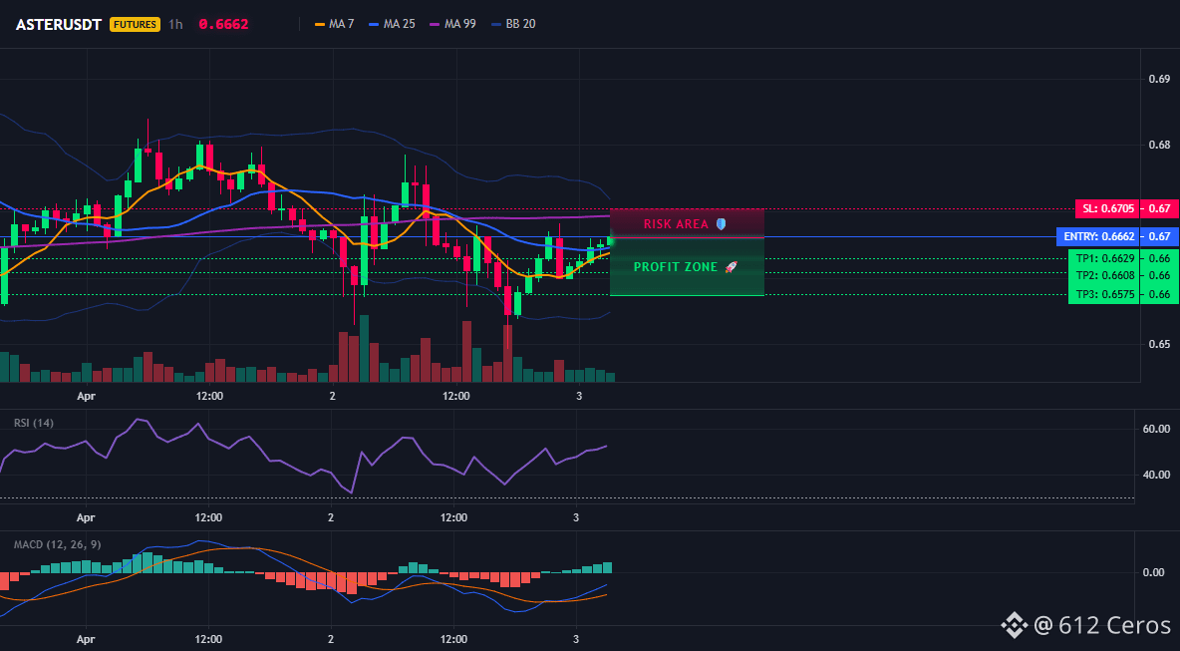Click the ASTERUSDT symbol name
click(60, 24)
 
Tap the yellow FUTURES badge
click(136, 24)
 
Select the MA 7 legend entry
click(334, 24)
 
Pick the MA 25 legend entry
click(392, 24)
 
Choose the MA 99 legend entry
click(452, 24)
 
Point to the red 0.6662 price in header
click(223, 24)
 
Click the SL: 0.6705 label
click(1106, 208)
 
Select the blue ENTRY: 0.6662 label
click(1098, 237)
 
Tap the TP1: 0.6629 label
click(1101, 258)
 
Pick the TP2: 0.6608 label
click(1101, 275)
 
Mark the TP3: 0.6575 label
click(1101, 294)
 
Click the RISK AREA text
click(676, 224)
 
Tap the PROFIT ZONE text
click(676, 267)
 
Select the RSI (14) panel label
click(34, 423)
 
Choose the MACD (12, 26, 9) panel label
click(57, 544)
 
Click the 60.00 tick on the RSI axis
click(1156, 429)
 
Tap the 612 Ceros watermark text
click(1114, 625)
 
